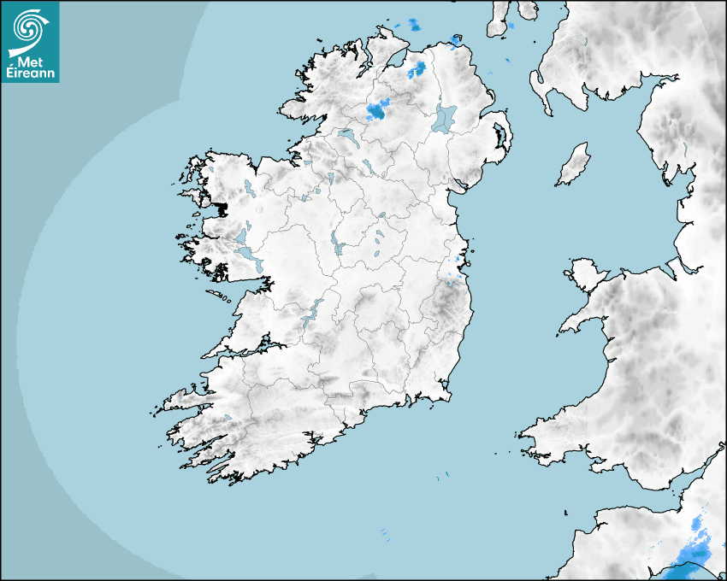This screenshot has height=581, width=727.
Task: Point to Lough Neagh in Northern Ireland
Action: click(x=445, y=117)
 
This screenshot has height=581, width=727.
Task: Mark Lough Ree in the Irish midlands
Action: click(x=335, y=244)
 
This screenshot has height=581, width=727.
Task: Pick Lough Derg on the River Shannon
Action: click(x=311, y=311)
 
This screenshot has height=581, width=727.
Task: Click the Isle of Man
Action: click(x=574, y=165)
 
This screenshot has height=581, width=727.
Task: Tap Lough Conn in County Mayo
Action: click(x=249, y=187)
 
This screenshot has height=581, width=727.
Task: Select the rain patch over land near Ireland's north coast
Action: click(x=419, y=68)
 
